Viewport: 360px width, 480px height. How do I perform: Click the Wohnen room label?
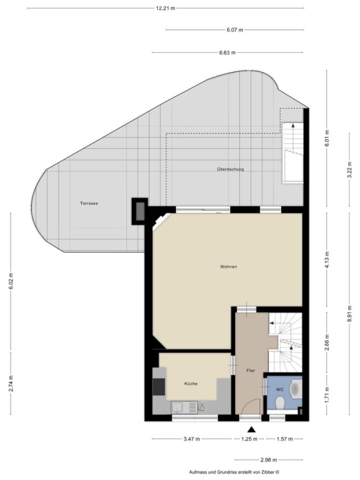228,267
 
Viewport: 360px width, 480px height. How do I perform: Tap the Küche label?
191,383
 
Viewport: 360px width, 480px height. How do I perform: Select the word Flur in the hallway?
251,371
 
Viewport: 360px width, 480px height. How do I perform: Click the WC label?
280,390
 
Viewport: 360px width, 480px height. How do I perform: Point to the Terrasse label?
89,203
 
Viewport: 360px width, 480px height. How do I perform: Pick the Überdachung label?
230,169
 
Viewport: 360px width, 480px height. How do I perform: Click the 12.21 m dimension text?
165,8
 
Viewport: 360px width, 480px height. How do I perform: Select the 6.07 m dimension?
235,30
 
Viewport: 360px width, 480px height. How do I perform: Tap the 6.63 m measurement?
227,53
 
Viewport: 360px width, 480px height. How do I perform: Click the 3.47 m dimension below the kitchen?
191,439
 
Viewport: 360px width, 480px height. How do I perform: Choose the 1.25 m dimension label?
249,439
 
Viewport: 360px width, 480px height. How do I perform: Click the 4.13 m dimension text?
327,260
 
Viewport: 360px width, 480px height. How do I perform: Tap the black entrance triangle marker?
251,429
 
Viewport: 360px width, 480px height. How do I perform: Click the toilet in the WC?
279,403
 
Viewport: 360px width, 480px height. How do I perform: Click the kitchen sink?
178,407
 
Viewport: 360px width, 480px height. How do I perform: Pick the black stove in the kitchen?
159,387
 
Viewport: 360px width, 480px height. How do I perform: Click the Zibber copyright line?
234,473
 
